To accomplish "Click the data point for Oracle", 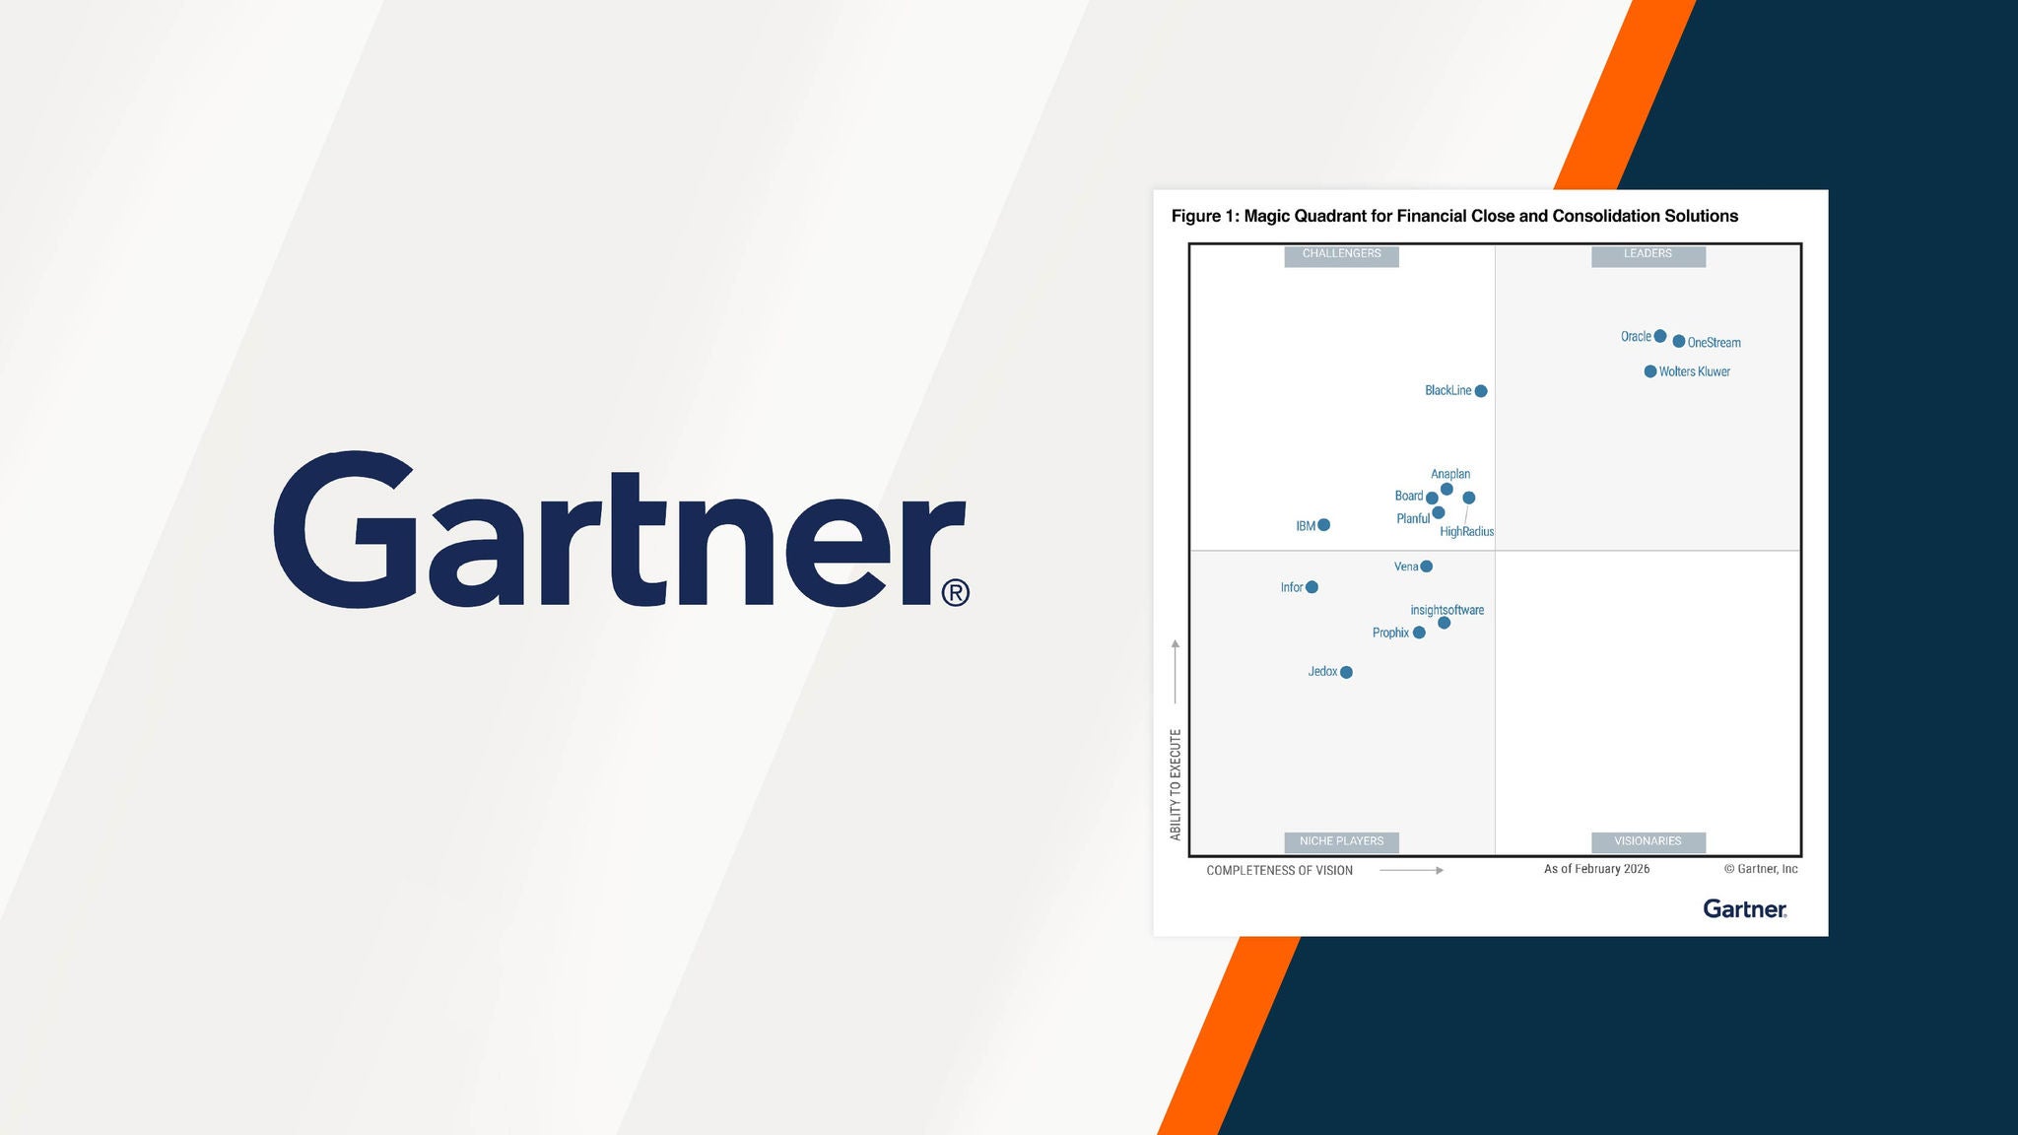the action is tap(1660, 336).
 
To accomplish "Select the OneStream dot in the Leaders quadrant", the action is tap(1679, 341).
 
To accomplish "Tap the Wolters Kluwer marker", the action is tap(1650, 371).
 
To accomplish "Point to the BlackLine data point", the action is tap(1481, 391).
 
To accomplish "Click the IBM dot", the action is tap(1324, 525).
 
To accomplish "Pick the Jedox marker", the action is tap(1347, 672).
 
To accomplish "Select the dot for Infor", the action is tap(1312, 587).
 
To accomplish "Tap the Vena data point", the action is tap(1427, 567).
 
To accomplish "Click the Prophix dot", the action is tap(1419, 633).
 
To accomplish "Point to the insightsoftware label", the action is tap(1447, 610).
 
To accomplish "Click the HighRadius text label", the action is tap(1467, 532).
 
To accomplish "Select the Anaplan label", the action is tap(1450, 474).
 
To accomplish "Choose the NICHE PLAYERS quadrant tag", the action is tap(1342, 841).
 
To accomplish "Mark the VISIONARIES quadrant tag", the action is tap(1648, 841).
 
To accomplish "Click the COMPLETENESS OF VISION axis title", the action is tap(1280, 871).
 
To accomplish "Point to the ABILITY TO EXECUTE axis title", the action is tap(1176, 784).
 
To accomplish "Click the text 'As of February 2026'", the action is tap(1597, 869).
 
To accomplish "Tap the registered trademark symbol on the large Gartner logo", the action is tap(956, 592).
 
